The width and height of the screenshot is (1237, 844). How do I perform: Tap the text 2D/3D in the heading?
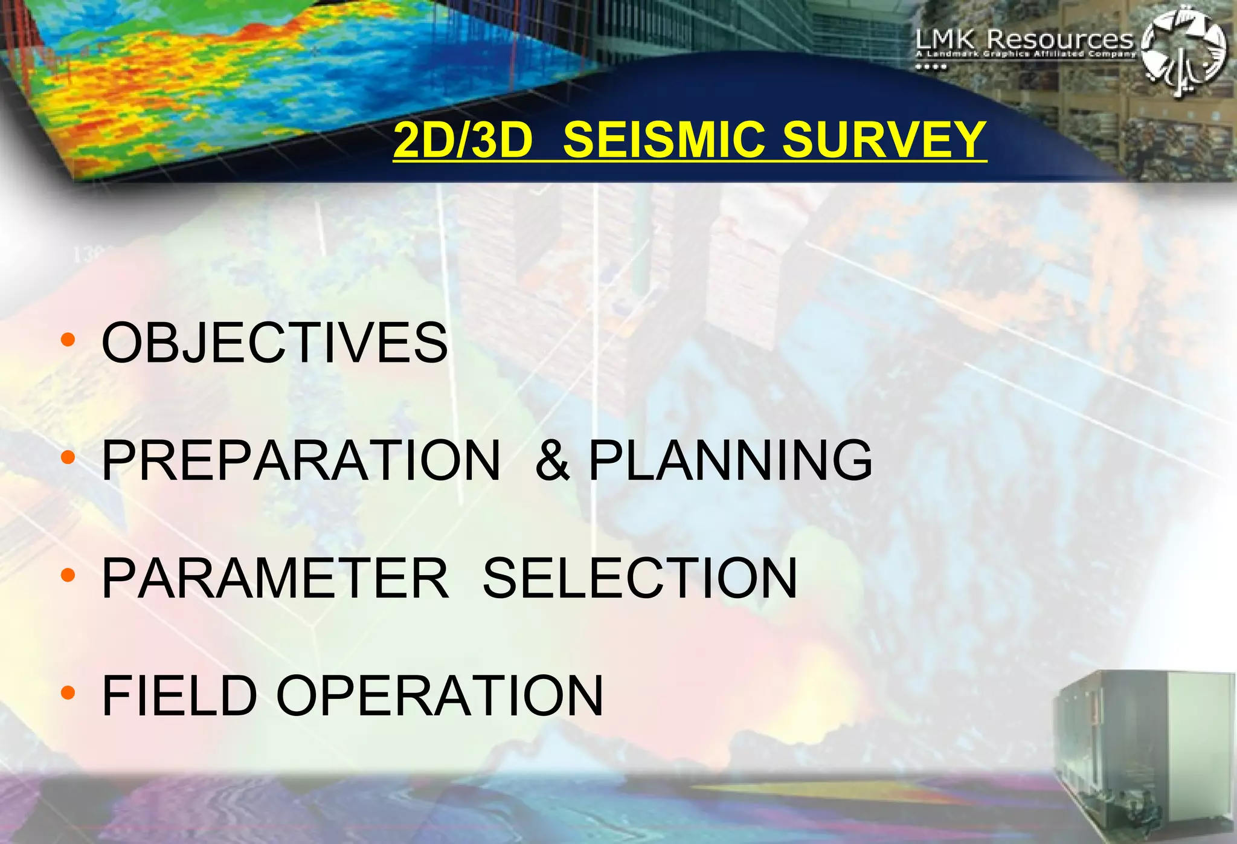[x=463, y=140]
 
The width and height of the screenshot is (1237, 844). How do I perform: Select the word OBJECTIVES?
[x=275, y=343]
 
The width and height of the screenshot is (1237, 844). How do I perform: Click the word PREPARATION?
[x=301, y=460]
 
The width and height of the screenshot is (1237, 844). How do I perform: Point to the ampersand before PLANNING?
[x=552, y=460]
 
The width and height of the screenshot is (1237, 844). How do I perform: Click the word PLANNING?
[x=730, y=460]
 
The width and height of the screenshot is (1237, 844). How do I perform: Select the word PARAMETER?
[x=275, y=578]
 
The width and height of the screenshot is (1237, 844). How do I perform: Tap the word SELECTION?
[x=640, y=578]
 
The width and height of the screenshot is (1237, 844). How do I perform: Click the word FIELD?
[x=179, y=696]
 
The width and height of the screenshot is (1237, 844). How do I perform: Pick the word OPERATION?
[x=440, y=696]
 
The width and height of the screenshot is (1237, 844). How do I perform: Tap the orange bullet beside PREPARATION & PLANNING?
[x=68, y=457]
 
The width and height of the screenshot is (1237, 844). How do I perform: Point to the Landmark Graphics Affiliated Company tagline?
[x=1025, y=54]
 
